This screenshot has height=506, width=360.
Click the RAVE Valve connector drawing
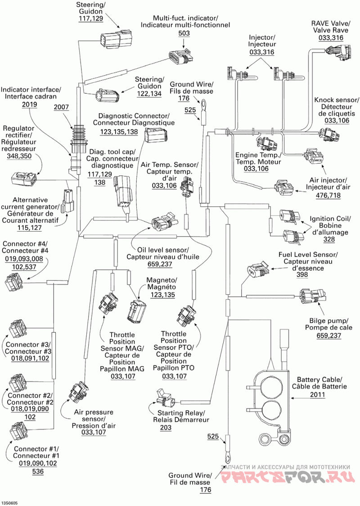coord(339,52)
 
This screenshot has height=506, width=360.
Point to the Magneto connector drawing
coord(137,311)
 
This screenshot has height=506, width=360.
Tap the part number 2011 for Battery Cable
coord(318,394)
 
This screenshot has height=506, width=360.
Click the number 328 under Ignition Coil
coord(329,239)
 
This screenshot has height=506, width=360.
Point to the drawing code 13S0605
coord(10,503)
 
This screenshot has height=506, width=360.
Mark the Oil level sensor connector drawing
coord(164,221)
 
